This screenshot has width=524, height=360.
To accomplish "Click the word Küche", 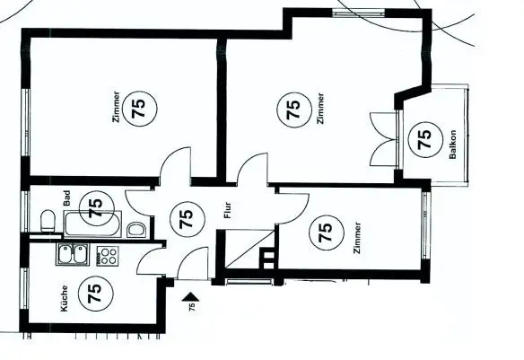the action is (65, 298).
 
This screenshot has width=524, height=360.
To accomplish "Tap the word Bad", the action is (66, 198).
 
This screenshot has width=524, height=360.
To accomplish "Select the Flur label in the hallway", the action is (228, 210).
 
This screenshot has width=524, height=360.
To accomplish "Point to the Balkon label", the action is (452, 145).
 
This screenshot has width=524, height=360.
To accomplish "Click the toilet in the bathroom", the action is (48, 220).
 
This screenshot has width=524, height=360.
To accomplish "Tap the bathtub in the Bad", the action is (93, 224).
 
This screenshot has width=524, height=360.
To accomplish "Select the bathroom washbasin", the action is (136, 230).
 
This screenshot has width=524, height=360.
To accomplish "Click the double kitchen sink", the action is (73, 254).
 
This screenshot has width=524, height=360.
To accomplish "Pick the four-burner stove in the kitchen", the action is (108, 256).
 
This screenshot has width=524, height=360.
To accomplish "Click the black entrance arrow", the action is (190, 297).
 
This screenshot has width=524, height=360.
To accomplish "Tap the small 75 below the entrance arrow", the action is (192, 307).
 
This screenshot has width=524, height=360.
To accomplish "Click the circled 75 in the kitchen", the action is (95, 294).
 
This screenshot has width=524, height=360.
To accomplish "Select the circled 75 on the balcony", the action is (425, 140).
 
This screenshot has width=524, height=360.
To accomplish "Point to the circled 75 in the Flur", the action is (188, 219).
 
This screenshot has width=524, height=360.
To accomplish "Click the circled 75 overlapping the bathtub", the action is (97, 208).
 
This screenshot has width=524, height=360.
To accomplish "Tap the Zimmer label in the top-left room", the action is (117, 107).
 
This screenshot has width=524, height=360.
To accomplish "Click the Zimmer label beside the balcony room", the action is (321, 109).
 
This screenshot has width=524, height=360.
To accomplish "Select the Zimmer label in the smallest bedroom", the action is (358, 238).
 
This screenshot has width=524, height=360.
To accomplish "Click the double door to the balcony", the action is (384, 139).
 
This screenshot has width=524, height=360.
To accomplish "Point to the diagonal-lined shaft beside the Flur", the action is (250, 249).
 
